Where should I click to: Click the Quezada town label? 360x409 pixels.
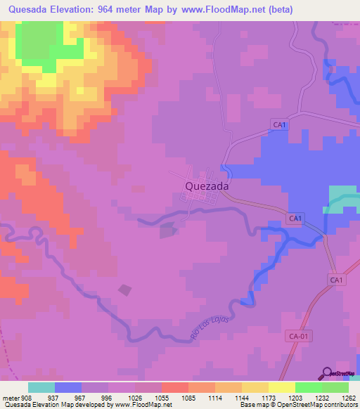pyautogui.click(x=207, y=186)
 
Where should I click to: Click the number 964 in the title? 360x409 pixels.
pyautogui.click(x=117, y=9)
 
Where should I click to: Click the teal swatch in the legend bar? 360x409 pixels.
pyautogui.click(x=41, y=387)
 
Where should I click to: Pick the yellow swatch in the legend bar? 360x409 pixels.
pyautogui.click(x=281, y=387)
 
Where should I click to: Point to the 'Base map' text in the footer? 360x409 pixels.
pyautogui.click(x=253, y=405)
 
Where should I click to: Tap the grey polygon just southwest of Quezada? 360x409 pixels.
pyautogui.click(x=168, y=230)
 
